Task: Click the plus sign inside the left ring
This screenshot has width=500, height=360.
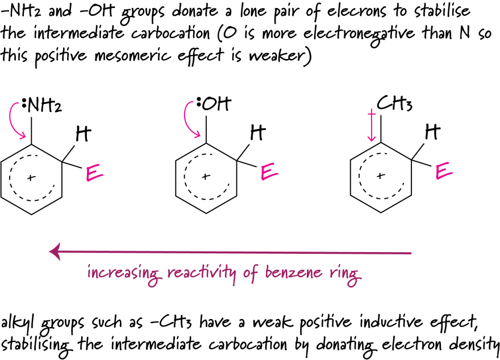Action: click(30, 178)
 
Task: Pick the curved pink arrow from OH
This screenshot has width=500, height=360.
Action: click(191, 119)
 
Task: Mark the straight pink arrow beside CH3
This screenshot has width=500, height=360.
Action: click(371, 126)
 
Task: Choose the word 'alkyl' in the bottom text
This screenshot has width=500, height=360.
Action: click(17, 324)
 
